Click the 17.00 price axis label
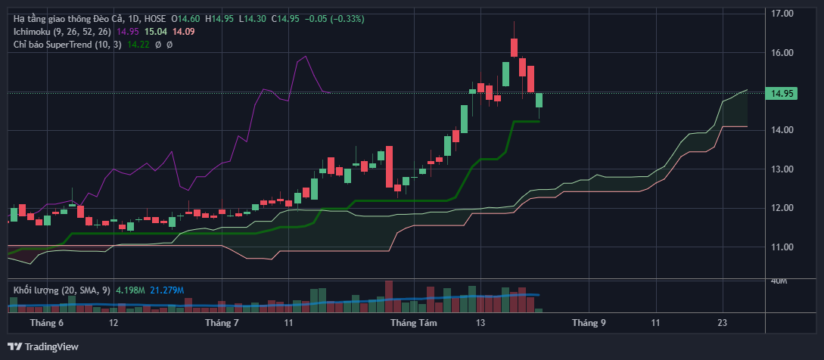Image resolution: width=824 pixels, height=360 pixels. [x=782, y=14]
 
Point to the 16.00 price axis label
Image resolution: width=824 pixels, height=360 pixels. [x=782, y=53]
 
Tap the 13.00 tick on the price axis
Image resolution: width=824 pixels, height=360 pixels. [x=782, y=169]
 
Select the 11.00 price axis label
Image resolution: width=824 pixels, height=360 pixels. [x=782, y=247]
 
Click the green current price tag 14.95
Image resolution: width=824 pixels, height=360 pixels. [x=782, y=94]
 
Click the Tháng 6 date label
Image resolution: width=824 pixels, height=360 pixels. [x=47, y=323]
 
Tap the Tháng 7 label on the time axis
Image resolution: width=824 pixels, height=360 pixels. [x=222, y=323]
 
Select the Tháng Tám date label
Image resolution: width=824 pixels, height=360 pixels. [x=414, y=323]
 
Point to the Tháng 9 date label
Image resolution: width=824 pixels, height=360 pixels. [x=589, y=323]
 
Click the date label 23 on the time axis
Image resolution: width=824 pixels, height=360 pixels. [x=723, y=323]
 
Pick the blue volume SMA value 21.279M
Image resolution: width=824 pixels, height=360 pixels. [x=166, y=289]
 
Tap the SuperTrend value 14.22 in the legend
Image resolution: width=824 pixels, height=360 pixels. [x=137, y=45]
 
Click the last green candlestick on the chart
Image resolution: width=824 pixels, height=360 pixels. [x=539, y=101]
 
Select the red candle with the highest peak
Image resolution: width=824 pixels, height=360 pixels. [x=515, y=48]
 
